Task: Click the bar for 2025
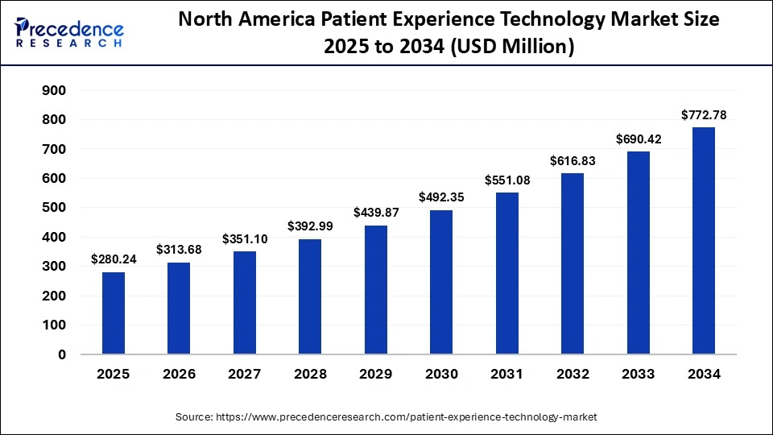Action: click(x=114, y=313)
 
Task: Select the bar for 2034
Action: click(x=704, y=241)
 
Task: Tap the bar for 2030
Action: click(x=441, y=282)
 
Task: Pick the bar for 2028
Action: click(x=310, y=296)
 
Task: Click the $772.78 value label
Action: click(x=704, y=115)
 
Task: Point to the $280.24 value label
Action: click(x=114, y=259)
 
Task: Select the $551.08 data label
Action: click(x=507, y=180)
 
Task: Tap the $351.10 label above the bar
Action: click(x=245, y=239)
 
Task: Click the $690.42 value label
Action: click(x=639, y=139)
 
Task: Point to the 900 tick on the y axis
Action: click(x=55, y=91)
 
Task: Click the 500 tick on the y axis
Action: click(x=55, y=208)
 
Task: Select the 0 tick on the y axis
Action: click(x=62, y=354)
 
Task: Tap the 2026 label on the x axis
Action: click(x=179, y=375)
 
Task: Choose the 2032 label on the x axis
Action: click(x=573, y=375)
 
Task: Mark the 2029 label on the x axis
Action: click(x=376, y=375)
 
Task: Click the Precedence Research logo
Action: click(x=68, y=32)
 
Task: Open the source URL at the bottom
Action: click(x=386, y=416)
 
